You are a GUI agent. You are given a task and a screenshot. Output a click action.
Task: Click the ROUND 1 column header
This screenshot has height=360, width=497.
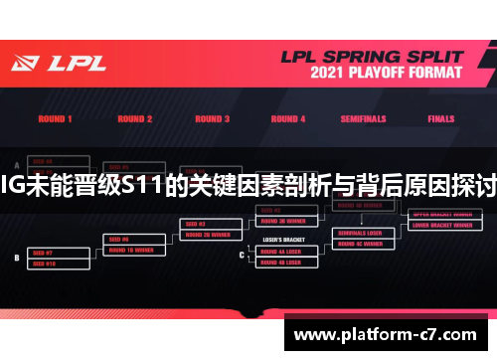click(x=56, y=119)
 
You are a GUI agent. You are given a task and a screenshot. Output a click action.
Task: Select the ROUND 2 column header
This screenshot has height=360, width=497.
click(x=134, y=119)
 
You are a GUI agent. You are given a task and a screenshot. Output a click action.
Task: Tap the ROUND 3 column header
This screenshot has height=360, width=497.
click(x=209, y=119)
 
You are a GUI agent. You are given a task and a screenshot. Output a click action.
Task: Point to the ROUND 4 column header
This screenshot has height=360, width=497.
click(x=288, y=119)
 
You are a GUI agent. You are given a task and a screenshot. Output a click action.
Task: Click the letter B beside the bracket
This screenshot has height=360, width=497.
click(x=16, y=257)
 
